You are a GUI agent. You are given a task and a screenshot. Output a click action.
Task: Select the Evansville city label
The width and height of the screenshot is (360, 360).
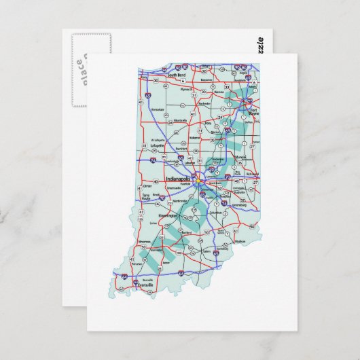tap(145, 286)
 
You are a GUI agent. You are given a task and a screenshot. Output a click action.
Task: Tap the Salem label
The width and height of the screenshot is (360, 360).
tap(207, 251)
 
